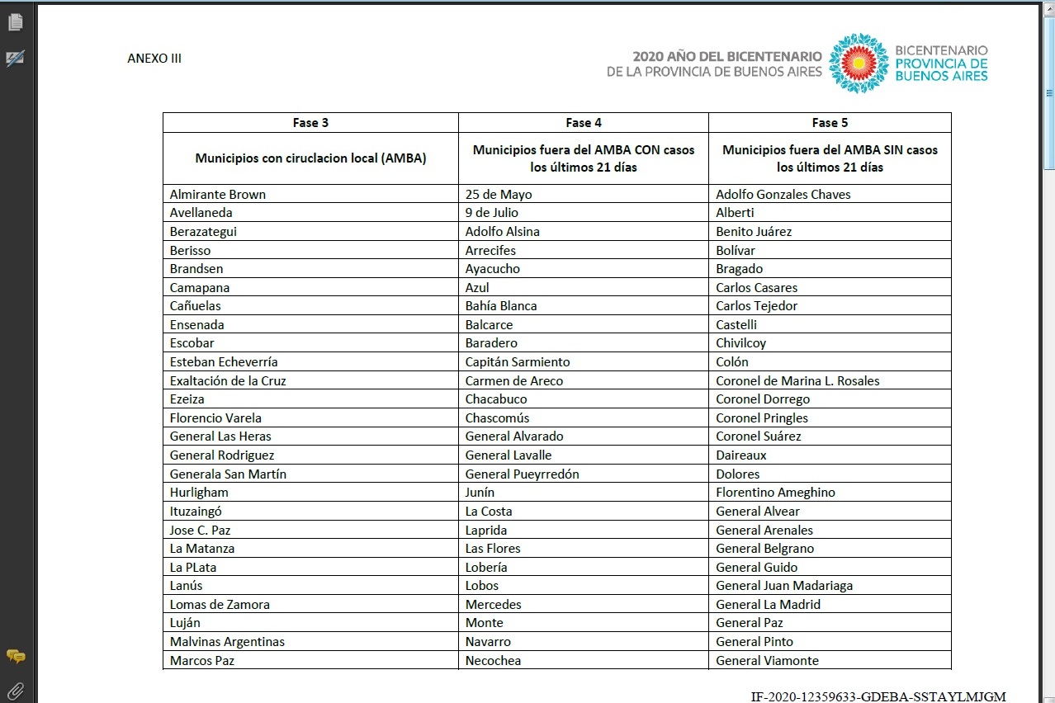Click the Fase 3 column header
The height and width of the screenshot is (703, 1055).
(x=310, y=122)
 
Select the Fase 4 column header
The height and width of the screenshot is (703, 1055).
(x=583, y=122)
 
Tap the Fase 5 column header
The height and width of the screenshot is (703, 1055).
(x=830, y=122)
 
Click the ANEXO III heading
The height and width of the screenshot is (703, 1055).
(x=154, y=59)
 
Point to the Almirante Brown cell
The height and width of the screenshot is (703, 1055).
(x=218, y=195)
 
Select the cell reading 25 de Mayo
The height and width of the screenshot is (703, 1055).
(x=499, y=195)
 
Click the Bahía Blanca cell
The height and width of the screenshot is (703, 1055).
(x=501, y=306)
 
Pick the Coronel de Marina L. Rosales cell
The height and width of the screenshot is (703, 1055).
(x=797, y=381)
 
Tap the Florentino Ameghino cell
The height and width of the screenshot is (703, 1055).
(x=775, y=493)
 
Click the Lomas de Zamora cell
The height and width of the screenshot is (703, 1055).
(x=220, y=605)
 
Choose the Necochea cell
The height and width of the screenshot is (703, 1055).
(x=493, y=660)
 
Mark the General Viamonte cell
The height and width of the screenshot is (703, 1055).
(x=767, y=660)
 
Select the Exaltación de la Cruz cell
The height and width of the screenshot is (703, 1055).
(x=228, y=381)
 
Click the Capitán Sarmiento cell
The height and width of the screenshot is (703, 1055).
(x=518, y=362)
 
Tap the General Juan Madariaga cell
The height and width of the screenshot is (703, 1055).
(x=784, y=586)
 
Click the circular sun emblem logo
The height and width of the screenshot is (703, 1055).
(x=859, y=64)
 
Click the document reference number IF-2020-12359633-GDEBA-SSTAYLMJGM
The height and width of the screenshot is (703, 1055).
(x=878, y=696)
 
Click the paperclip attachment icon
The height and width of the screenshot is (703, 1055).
(x=15, y=691)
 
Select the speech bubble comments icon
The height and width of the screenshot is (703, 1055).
(x=15, y=657)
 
